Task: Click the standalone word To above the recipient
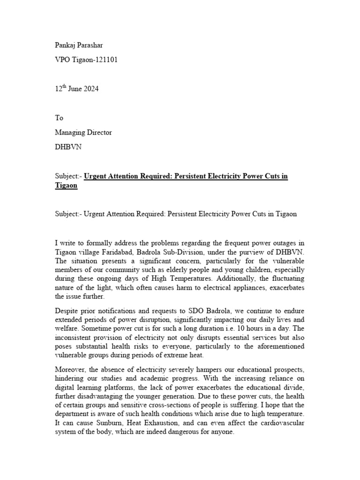59,118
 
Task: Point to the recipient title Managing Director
83,132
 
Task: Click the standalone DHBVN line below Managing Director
68,147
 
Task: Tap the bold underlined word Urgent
97,176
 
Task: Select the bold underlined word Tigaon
66,186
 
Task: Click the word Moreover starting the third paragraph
71,369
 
